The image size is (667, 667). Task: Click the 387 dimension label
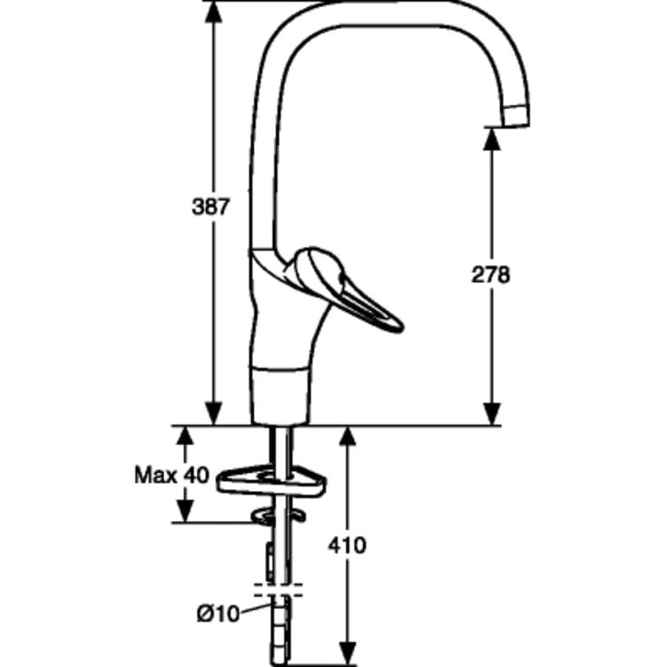click(x=211, y=207)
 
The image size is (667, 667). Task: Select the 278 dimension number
click(x=490, y=274)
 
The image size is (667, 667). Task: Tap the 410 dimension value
click(x=347, y=544)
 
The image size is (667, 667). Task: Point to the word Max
click(x=156, y=475)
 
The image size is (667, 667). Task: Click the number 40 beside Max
click(x=196, y=475)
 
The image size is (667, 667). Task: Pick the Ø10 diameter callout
click(x=218, y=613)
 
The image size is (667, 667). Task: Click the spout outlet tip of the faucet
click(x=516, y=123)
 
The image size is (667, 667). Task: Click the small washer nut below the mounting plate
click(x=279, y=515)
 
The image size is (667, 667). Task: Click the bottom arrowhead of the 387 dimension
click(x=213, y=414)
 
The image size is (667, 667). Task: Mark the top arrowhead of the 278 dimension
click(x=492, y=139)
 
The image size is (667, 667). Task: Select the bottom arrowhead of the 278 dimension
click(x=492, y=414)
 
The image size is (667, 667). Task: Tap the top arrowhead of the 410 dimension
click(x=348, y=437)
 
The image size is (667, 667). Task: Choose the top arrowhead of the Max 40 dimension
click(x=184, y=436)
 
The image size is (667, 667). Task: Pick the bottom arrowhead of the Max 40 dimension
click(x=184, y=512)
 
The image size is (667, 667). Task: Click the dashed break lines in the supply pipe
click(x=279, y=591)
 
